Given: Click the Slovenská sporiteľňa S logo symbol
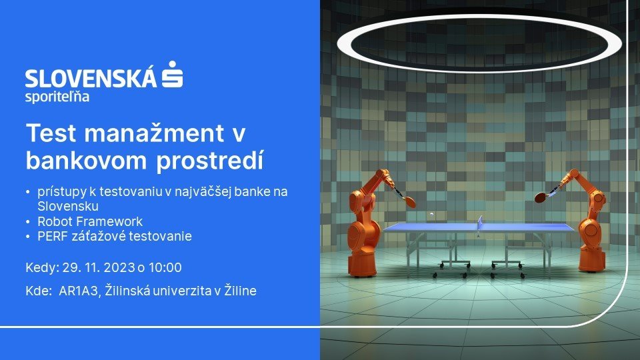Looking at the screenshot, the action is tap(172, 74).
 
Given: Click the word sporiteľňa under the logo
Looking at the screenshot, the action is tap(57, 97).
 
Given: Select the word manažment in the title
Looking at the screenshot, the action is tap(154, 133).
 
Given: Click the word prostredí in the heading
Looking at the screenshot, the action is tap(210, 161).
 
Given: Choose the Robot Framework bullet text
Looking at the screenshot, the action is tap(90, 221).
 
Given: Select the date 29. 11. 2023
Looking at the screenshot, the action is tap(99, 268).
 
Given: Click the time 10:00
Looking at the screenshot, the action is tap(165, 268).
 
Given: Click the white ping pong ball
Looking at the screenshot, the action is tap(431, 214).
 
